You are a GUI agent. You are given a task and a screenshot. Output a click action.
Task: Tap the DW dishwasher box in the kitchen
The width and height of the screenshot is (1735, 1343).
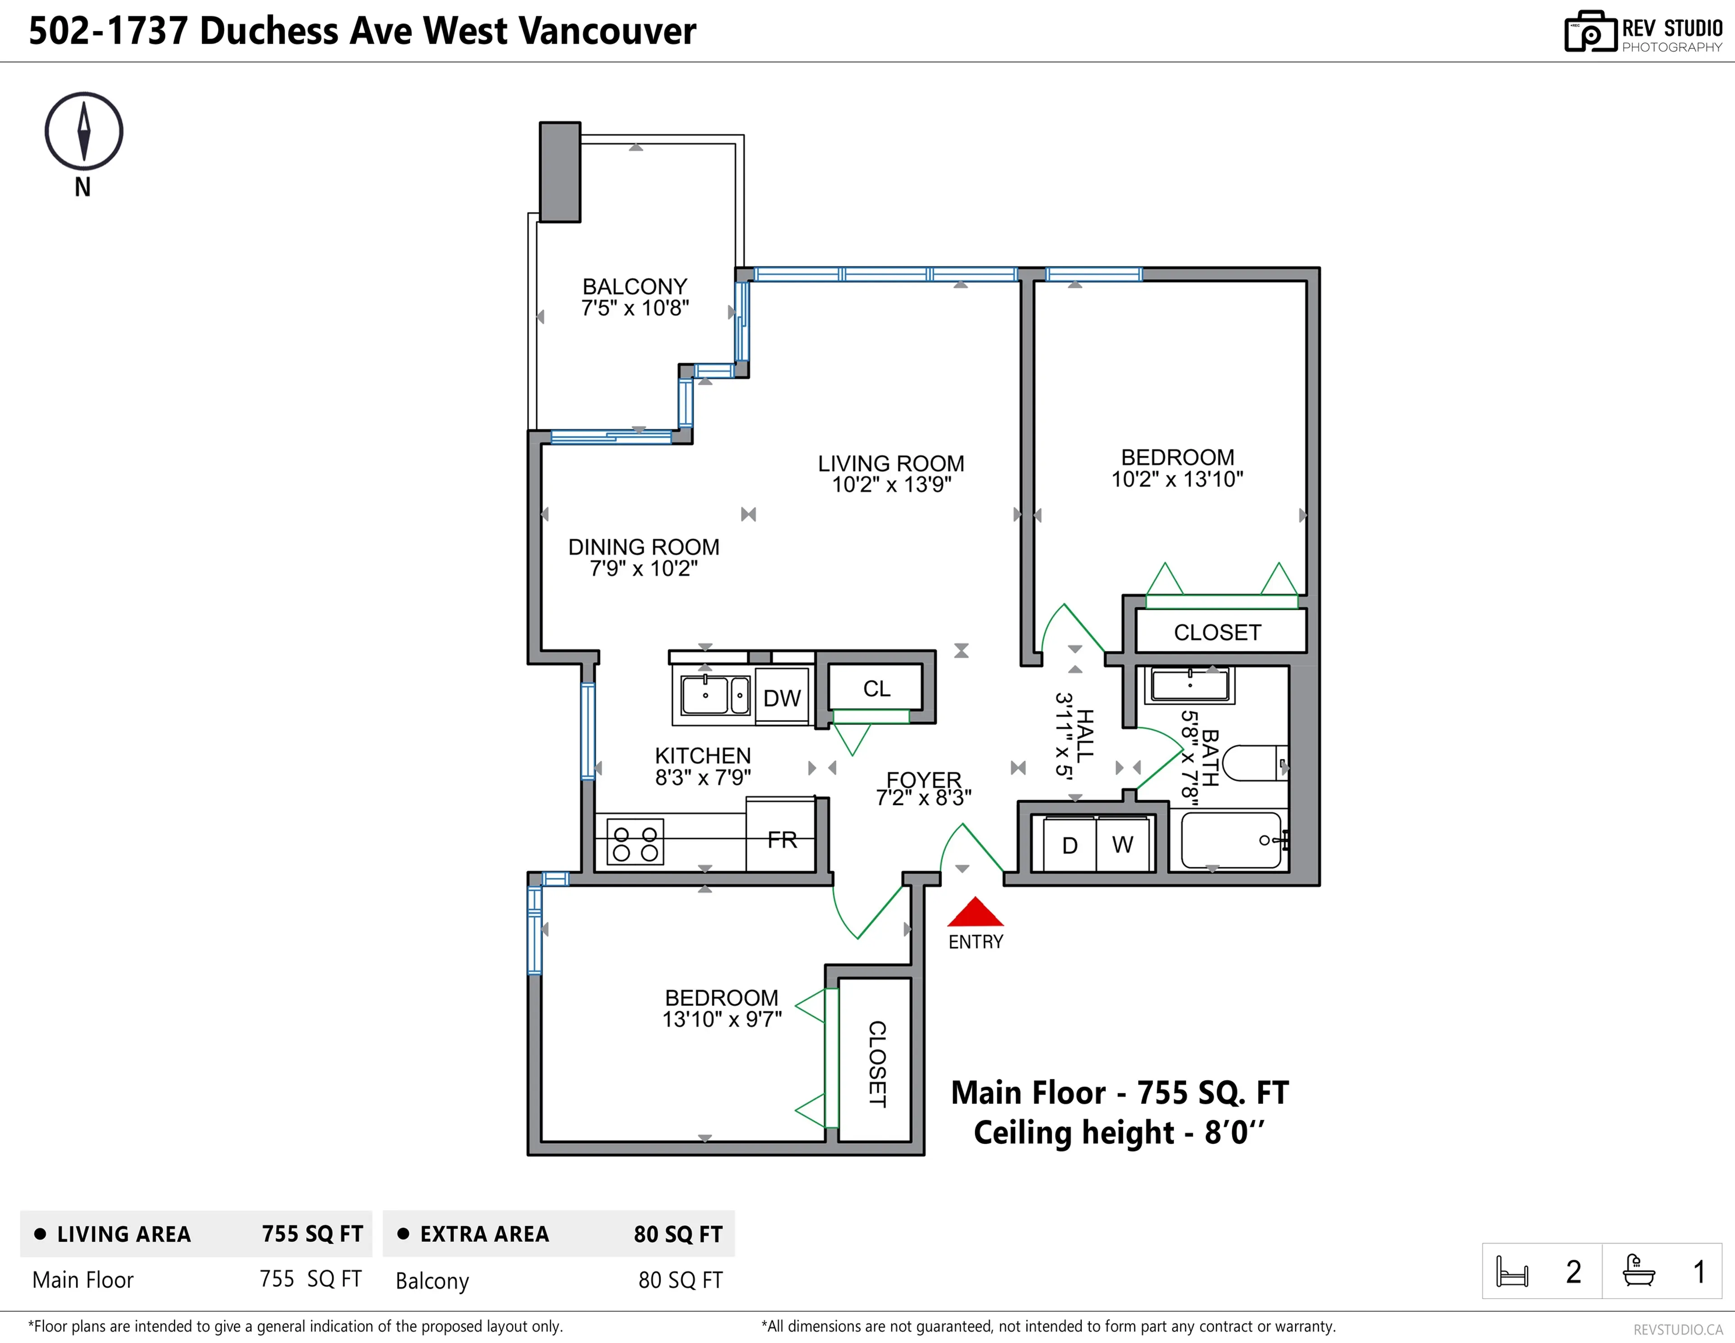pos(782,697)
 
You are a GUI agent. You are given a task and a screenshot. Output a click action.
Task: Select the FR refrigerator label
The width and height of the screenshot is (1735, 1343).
pos(782,839)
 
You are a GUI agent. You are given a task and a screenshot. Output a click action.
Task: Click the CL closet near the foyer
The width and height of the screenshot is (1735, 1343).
pos(876,688)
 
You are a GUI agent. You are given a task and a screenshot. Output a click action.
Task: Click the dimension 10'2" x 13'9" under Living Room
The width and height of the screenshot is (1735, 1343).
pos(891,484)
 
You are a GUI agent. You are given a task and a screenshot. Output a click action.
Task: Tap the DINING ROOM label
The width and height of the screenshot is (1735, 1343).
pos(643,547)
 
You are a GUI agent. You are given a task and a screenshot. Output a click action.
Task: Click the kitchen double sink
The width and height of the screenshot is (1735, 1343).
pos(715,696)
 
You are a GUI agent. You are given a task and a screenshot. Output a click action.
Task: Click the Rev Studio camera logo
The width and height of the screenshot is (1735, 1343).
pos(1590,32)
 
